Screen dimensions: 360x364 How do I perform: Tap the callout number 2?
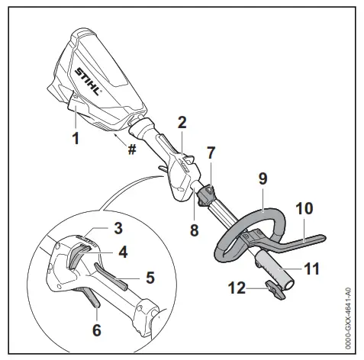click(x=182, y=122)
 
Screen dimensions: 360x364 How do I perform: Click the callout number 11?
click(x=312, y=268)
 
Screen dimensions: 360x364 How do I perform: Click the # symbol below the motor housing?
click(x=132, y=149)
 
